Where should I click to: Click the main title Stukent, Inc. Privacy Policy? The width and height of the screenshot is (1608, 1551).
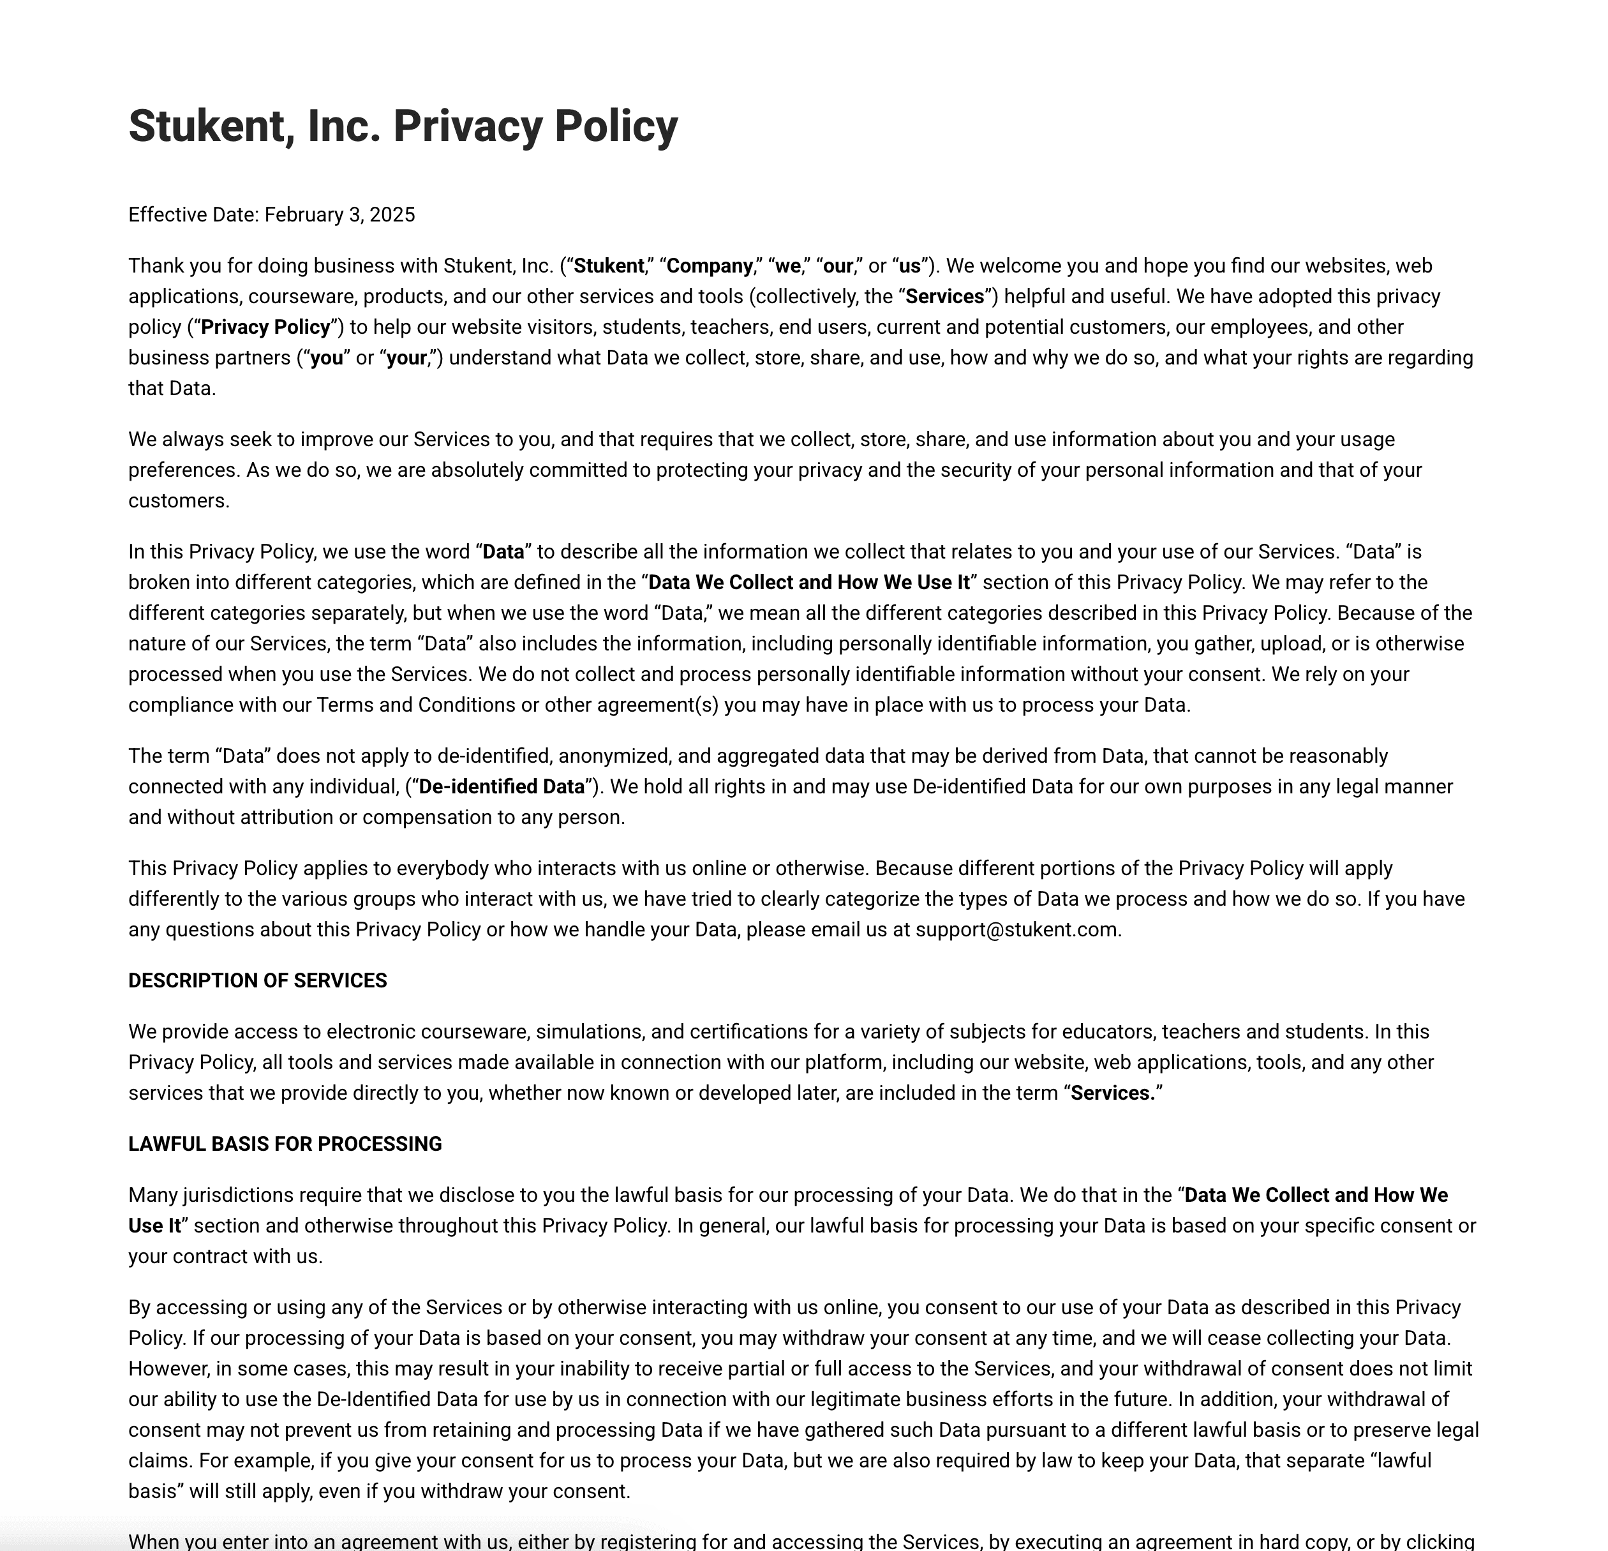[403, 126]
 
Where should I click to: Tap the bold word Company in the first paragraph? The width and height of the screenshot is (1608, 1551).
[710, 266]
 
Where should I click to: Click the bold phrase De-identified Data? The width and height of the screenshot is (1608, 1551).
[502, 787]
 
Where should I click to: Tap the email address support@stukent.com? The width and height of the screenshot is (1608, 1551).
[1016, 930]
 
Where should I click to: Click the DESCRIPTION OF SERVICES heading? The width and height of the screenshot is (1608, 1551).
[258, 980]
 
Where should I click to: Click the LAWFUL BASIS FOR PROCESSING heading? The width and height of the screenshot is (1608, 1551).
[285, 1144]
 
